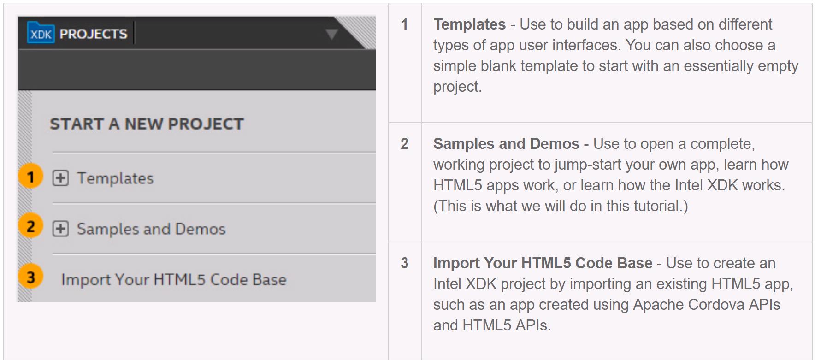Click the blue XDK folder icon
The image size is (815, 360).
tap(41, 33)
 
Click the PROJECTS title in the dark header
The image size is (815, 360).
tap(94, 34)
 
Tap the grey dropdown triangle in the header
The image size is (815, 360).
tap(331, 34)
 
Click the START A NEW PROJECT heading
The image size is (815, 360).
tap(147, 124)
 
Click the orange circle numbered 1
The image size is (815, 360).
tap(30, 177)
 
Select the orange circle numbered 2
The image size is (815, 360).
tap(30, 226)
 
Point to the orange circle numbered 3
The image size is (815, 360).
tap(30, 277)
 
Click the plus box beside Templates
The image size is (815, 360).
tap(60, 178)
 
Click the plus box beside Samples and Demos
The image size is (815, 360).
tap(60, 229)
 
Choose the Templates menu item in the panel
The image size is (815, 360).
tap(115, 178)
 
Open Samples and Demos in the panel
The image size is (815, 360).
tap(151, 229)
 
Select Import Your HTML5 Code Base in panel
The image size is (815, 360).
tap(174, 280)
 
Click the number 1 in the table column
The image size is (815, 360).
tap(404, 24)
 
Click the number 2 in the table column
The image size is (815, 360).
tap(404, 143)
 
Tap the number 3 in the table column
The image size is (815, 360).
tap(404, 263)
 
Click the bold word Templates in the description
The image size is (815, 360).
tap(469, 24)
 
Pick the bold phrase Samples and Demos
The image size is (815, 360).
tap(506, 144)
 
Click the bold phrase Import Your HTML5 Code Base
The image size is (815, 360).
tap(543, 263)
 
